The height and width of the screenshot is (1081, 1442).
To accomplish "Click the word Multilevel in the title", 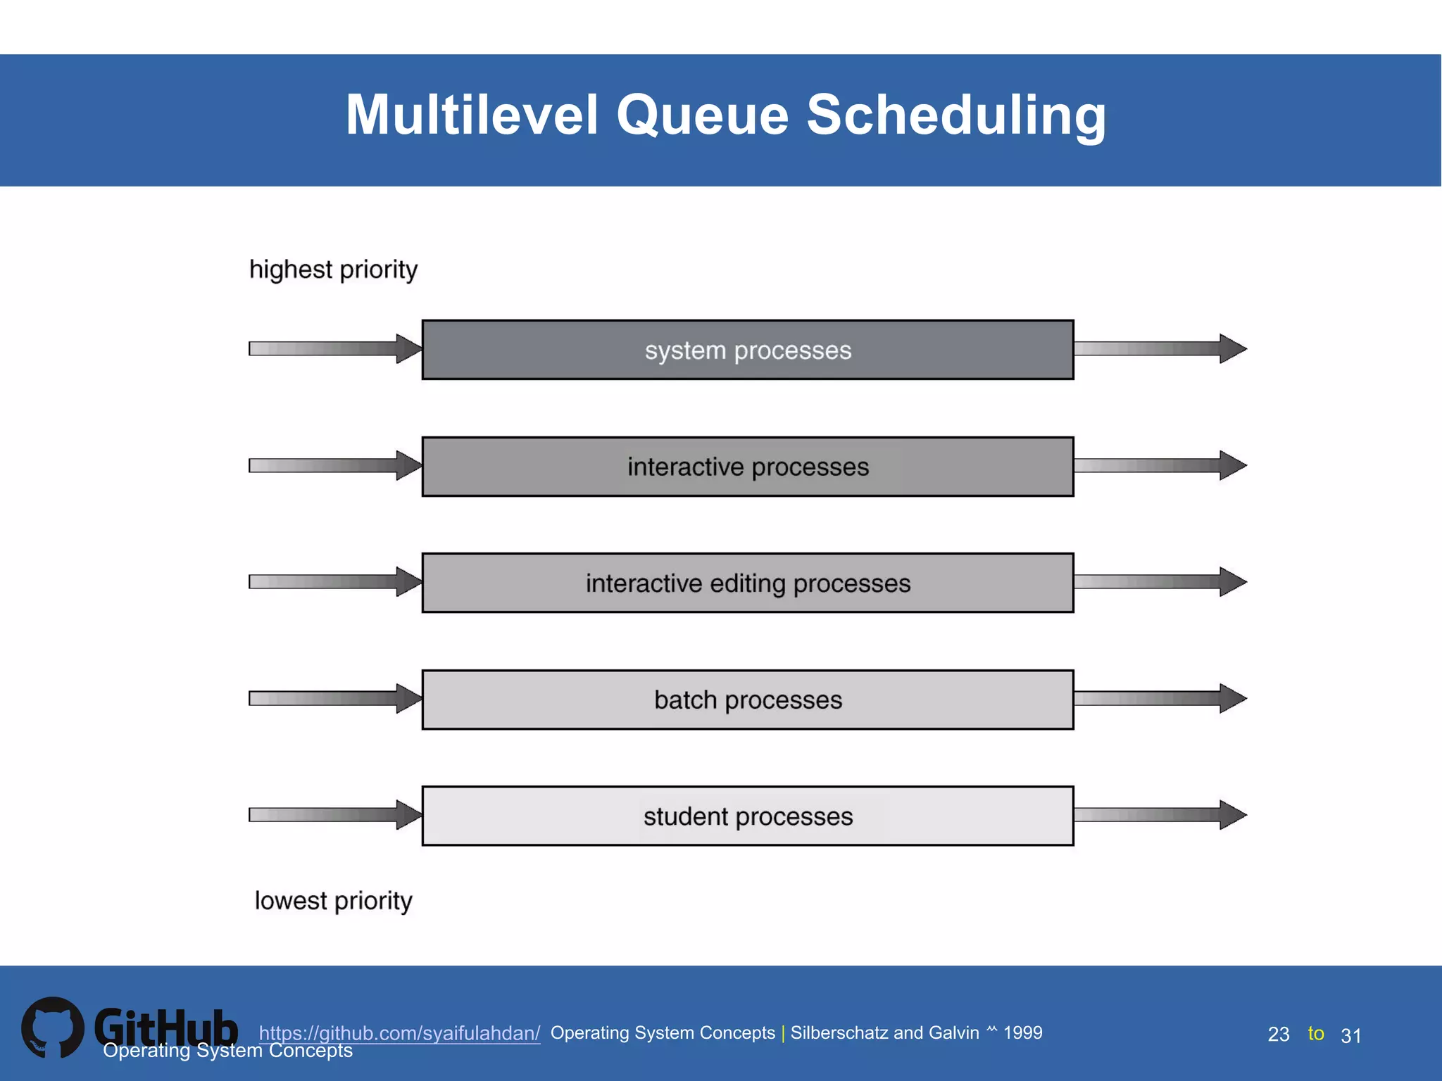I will pos(472,115).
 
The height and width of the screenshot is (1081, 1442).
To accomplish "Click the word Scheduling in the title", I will pos(956,115).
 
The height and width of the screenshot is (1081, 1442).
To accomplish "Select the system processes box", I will pos(748,350).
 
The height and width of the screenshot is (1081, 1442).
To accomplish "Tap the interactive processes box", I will pos(748,467).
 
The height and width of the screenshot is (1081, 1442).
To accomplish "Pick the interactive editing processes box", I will pos(748,583).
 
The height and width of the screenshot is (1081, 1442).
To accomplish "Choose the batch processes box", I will pos(748,700).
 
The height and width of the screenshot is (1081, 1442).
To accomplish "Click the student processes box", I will pos(748,816).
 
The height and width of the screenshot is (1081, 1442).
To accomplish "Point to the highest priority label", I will pos(333,270).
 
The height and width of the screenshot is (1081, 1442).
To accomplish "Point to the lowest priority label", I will pos(333,901).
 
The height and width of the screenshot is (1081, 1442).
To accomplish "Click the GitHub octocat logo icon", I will pos(52,1028).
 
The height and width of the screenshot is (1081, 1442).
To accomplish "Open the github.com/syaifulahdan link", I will pos(399,1033).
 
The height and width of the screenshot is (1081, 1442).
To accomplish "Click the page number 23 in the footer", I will pos(1278,1035).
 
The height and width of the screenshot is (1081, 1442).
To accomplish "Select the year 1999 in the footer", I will pos(1022,1032).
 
